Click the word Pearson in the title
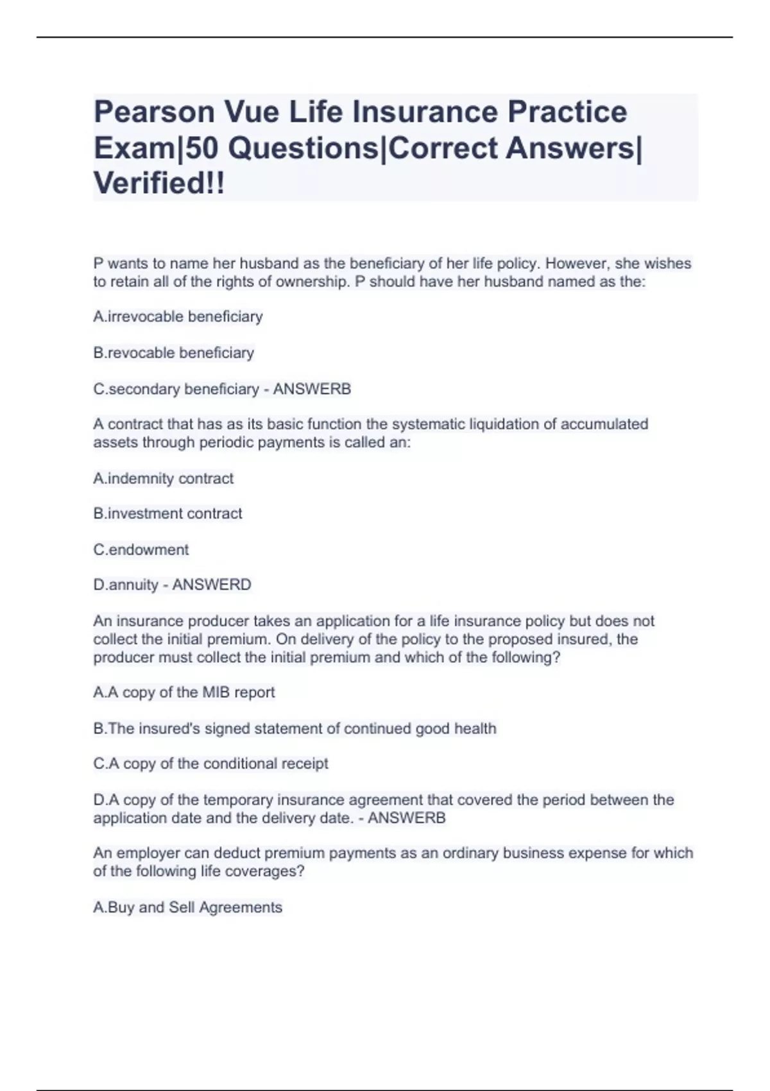(153, 113)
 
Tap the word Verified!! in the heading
(159, 184)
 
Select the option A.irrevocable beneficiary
(178, 316)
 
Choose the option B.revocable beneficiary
(174, 352)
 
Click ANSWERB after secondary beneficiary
(312, 389)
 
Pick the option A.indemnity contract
(163, 478)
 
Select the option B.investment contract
(167, 513)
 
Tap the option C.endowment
(141, 549)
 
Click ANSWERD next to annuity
(212, 585)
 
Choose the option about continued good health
(295, 728)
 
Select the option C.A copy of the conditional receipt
(210, 764)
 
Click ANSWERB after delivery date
(406, 818)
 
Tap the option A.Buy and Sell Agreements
(187, 907)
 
